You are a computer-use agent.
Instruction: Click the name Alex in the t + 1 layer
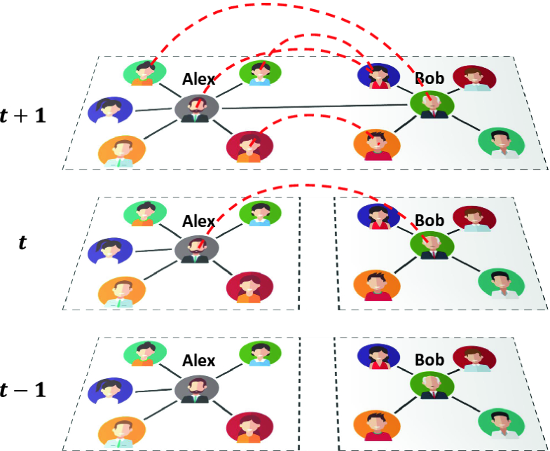click(x=198, y=78)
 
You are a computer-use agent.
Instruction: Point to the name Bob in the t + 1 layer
click(x=429, y=78)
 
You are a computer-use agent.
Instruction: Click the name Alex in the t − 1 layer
click(x=198, y=361)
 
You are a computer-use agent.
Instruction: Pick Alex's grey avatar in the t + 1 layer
click(x=195, y=109)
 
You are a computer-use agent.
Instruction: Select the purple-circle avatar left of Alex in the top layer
click(x=111, y=111)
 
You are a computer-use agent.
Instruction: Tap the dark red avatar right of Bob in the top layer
click(x=474, y=78)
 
